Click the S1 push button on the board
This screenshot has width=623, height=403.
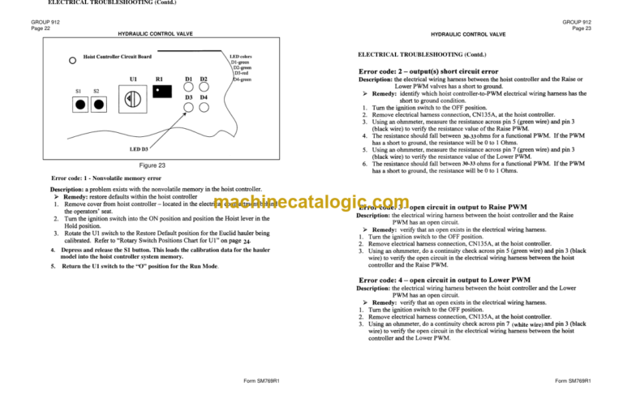[80, 105]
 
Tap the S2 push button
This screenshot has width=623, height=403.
[99, 105]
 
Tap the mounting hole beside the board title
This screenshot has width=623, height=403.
[73, 61]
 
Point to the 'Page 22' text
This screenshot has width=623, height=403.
[42, 28]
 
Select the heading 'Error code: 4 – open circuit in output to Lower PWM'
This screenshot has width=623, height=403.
[445, 280]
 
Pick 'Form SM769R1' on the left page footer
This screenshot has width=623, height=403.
[261, 380]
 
